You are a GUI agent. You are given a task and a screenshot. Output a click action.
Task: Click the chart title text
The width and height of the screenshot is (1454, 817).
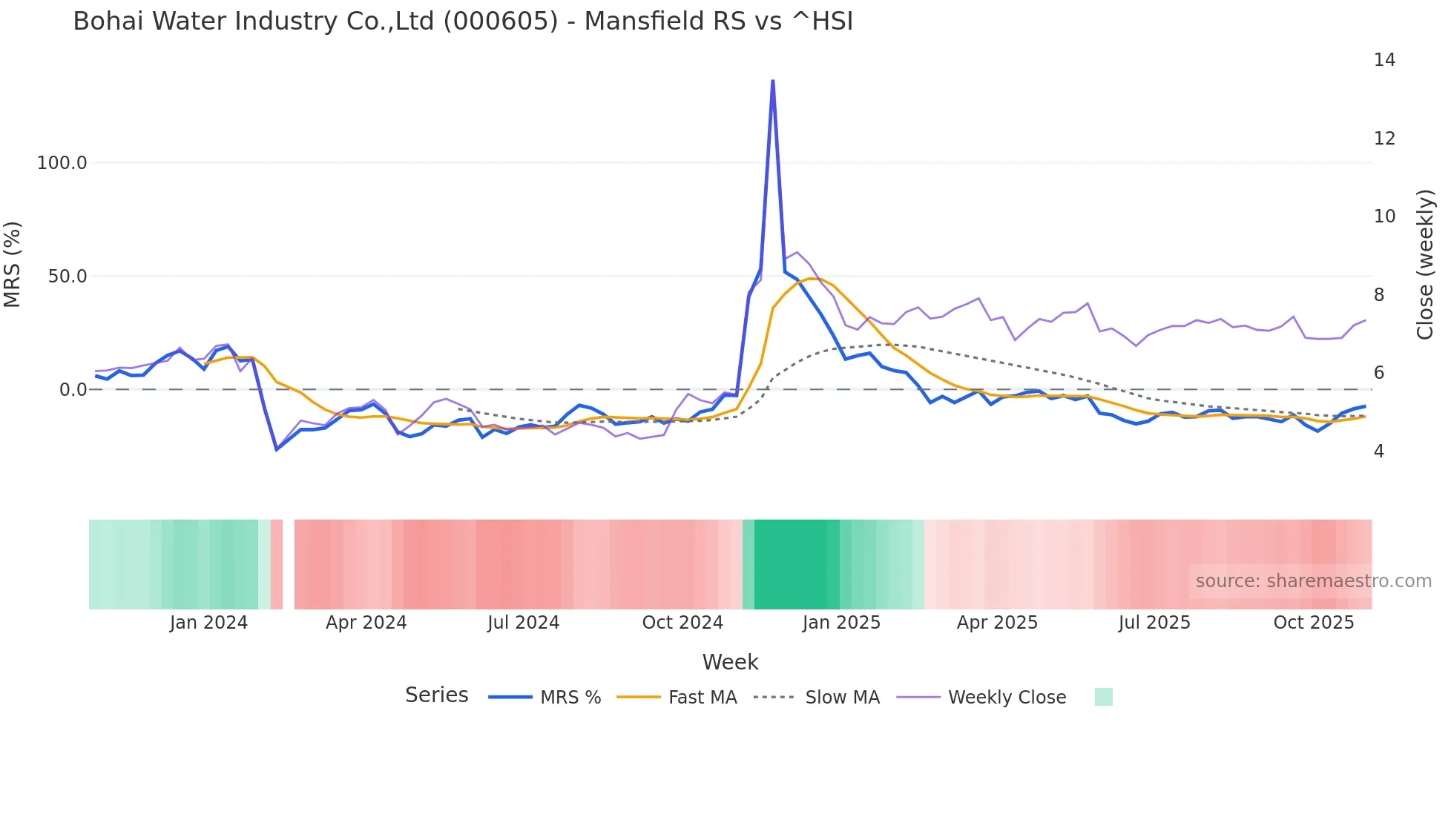[463, 21]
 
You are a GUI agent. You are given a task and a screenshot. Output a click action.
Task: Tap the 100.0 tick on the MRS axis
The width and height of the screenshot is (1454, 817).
[62, 163]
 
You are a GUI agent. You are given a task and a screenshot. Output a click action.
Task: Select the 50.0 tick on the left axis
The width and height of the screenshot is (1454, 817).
[68, 277]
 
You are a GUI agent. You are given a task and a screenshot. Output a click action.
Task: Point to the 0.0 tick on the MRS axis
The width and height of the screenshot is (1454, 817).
[73, 390]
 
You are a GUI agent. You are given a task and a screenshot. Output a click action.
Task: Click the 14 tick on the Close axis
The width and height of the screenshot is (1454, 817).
[1384, 60]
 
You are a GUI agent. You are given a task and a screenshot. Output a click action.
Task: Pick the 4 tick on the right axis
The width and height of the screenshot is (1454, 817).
[1379, 451]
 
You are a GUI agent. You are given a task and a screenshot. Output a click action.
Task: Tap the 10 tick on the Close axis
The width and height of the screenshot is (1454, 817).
[1384, 216]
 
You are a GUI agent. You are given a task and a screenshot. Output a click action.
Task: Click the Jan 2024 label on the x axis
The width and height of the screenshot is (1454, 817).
[208, 623]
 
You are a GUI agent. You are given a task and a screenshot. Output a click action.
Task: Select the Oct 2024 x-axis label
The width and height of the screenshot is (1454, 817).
[682, 623]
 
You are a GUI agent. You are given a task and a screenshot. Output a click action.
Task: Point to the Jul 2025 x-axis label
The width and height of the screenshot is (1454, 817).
[1154, 623]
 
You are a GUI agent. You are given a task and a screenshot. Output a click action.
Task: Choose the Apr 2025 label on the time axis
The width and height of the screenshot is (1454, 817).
[997, 623]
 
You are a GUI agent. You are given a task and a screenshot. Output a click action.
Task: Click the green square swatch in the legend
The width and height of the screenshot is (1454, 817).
[1104, 697]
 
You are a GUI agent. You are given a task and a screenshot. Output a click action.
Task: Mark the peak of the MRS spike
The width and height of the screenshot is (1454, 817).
[773, 81]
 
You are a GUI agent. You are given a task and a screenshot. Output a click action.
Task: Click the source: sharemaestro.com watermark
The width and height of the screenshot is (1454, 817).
[1313, 581]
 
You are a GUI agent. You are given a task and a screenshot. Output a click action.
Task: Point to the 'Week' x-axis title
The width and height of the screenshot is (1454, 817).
[730, 662]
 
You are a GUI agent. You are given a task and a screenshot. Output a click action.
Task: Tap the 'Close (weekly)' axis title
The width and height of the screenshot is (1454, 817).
[1425, 265]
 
